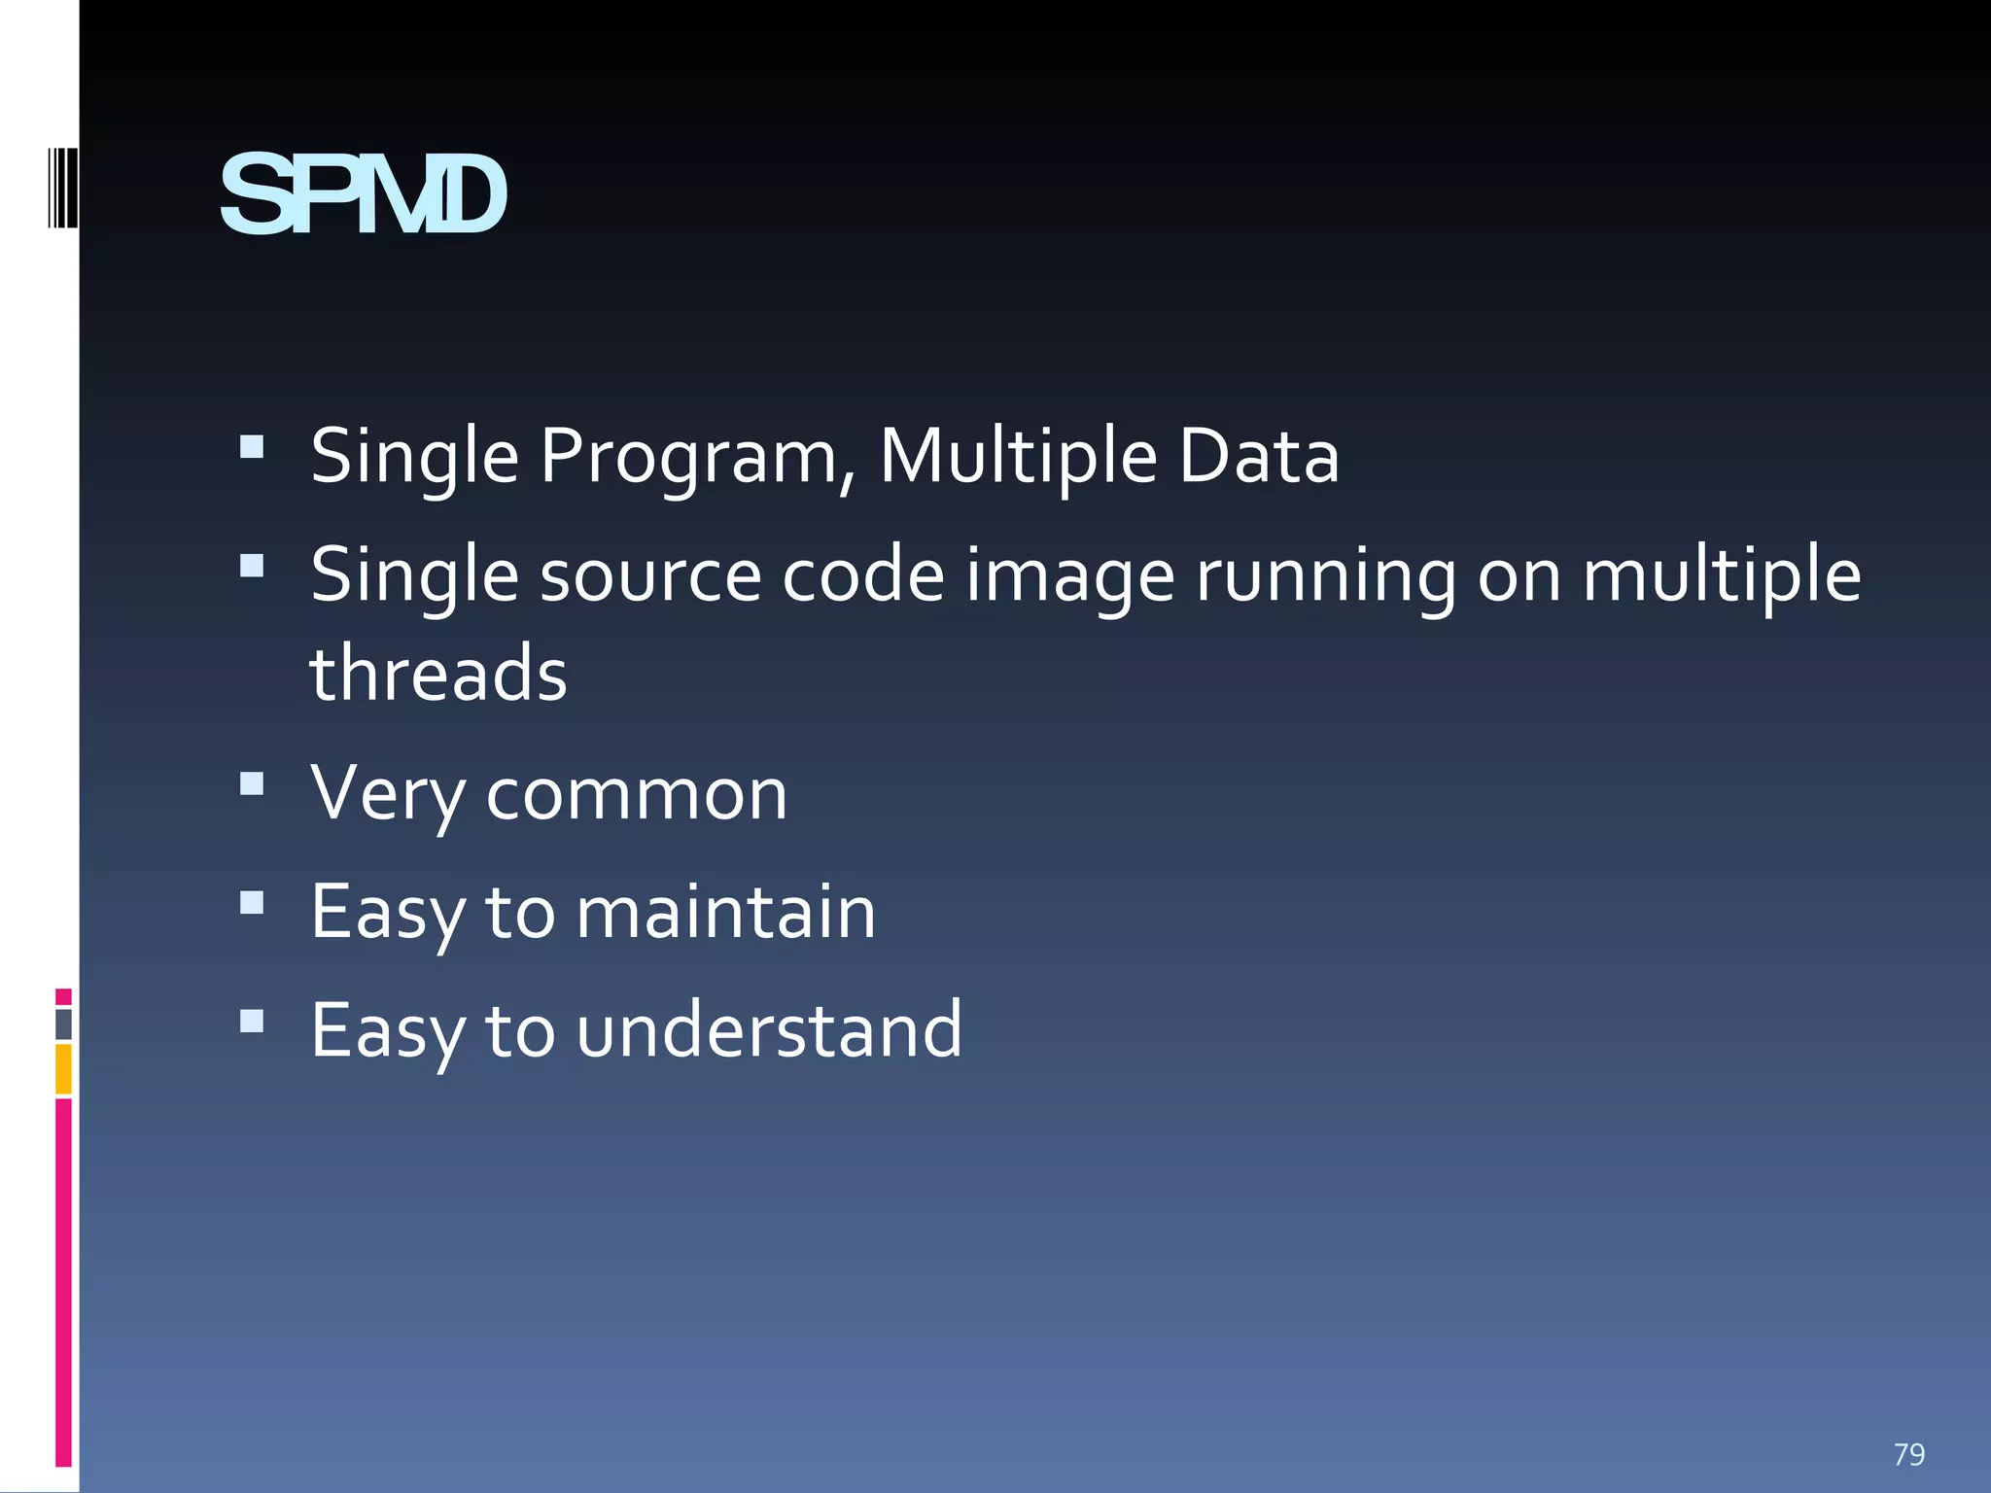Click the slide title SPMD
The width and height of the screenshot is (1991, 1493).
pyautogui.click(x=363, y=196)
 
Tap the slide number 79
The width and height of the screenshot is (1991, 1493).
pyautogui.click(x=1908, y=1454)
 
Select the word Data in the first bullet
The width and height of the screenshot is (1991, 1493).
pyautogui.click(x=1258, y=456)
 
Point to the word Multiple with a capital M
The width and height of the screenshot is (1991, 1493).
pyautogui.click(x=1018, y=456)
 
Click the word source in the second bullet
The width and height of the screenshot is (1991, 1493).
pyautogui.click(x=649, y=575)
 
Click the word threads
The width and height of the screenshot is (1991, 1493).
pyautogui.click(x=438, y=674)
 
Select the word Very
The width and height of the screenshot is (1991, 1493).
pyautogui.click(x=388, y=794)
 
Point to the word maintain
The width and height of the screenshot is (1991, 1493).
pyautogui.click(x=725, y=912)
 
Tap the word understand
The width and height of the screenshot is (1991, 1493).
pyautogui.click(x=768, y=1030)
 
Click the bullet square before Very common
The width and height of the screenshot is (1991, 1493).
pyautogui.click(x=252, y=783)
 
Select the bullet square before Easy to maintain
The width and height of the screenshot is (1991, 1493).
pyautogui.click(x=252, y=903)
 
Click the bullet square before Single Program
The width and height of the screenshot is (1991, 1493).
pyautogui.click(x=252, y=446)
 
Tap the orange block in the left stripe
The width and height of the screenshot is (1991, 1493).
pyautogui.click(x=63, y=1069)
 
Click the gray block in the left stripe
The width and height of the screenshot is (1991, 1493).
pyautogui.click(x=63, y=1024)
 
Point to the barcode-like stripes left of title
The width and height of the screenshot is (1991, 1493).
pyautogui.click(x=62, y=188)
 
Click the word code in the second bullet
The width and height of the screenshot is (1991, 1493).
pyautogui.click(x=863, y=575)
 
